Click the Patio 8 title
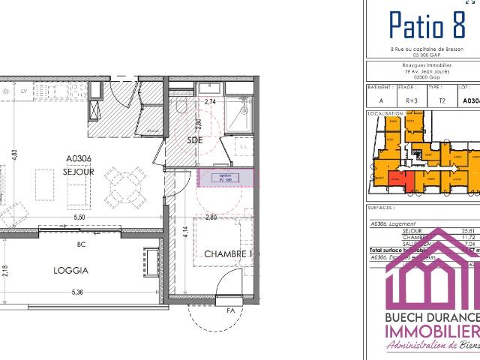pos(426,25)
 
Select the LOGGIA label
pos(71,271)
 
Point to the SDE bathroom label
pos(195,140)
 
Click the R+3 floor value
pos(412,99)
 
